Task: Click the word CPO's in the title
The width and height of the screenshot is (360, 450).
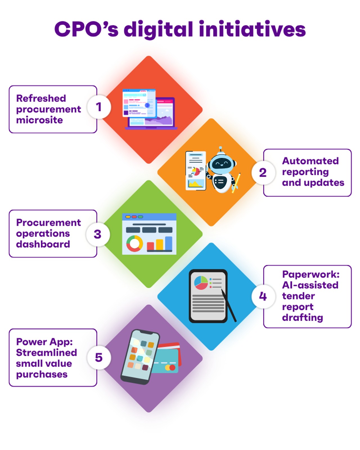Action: (x=86, y=29)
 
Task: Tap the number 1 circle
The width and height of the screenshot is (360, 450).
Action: (x=99, y=107)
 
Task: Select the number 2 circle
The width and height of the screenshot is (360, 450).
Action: (x=263, y=172)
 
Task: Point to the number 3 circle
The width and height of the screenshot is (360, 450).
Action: (x=98, y=234)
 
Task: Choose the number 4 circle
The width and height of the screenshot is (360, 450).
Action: (x=263, y=296)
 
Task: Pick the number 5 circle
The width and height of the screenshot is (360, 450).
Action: (x=99, y=357)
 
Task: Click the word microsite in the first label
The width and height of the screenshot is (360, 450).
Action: (x=39, y=120)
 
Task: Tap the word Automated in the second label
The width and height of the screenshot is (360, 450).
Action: (x=310, y=161)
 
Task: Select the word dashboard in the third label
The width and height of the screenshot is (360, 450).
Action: (x=43, y=244)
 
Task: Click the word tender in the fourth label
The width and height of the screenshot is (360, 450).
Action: (x=298, y=296)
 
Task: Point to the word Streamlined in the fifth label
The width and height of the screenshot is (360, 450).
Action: (x=46, y=352)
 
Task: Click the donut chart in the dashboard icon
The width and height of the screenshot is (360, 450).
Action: (x=134, y=243)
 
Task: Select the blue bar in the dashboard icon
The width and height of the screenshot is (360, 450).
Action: (x=168, y=243)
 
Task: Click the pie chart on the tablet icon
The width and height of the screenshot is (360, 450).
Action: (x=201, y=283)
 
